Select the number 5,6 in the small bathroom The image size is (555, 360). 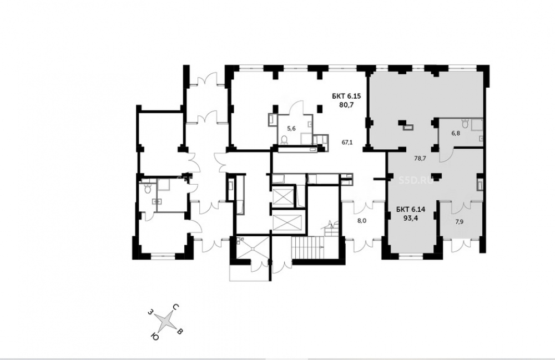(x=291, y=128)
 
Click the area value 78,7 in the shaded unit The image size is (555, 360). (x=420, y=159)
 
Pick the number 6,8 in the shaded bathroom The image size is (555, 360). (x=456, y=133)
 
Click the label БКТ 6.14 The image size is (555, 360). (x=411, y=209)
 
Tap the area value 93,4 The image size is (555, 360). (x=411, y=217)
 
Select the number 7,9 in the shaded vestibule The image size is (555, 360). (x=460, y=222)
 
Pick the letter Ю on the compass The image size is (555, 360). (x=154, y=336)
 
